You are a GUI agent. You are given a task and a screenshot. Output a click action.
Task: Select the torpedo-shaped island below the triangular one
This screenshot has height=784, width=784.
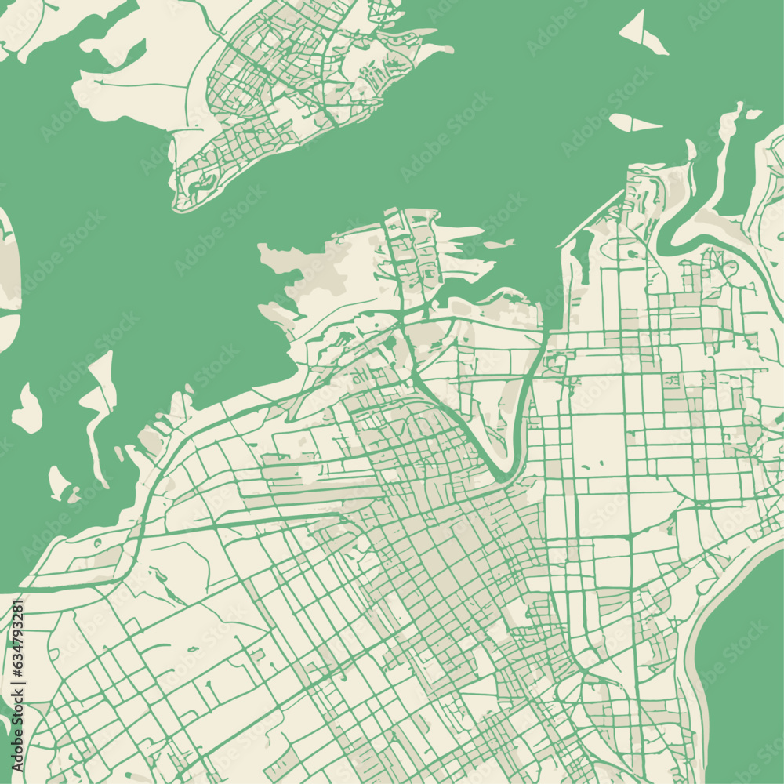[x=633, y=123]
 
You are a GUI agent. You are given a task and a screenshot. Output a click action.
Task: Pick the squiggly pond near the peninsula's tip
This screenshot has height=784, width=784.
[x=201, y=184]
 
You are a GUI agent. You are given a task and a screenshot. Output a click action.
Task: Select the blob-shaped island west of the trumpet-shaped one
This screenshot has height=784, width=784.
[x=27, y=409]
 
